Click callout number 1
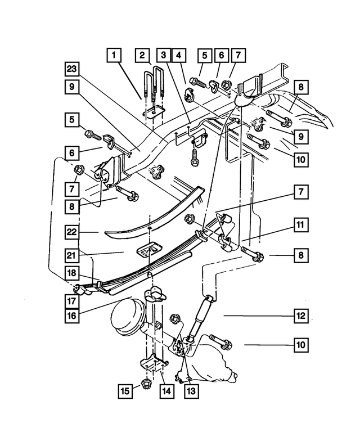(115, 55)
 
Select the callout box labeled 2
(143, 55)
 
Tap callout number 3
(164, 55)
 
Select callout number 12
(300, 316)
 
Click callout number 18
(73, 273)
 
